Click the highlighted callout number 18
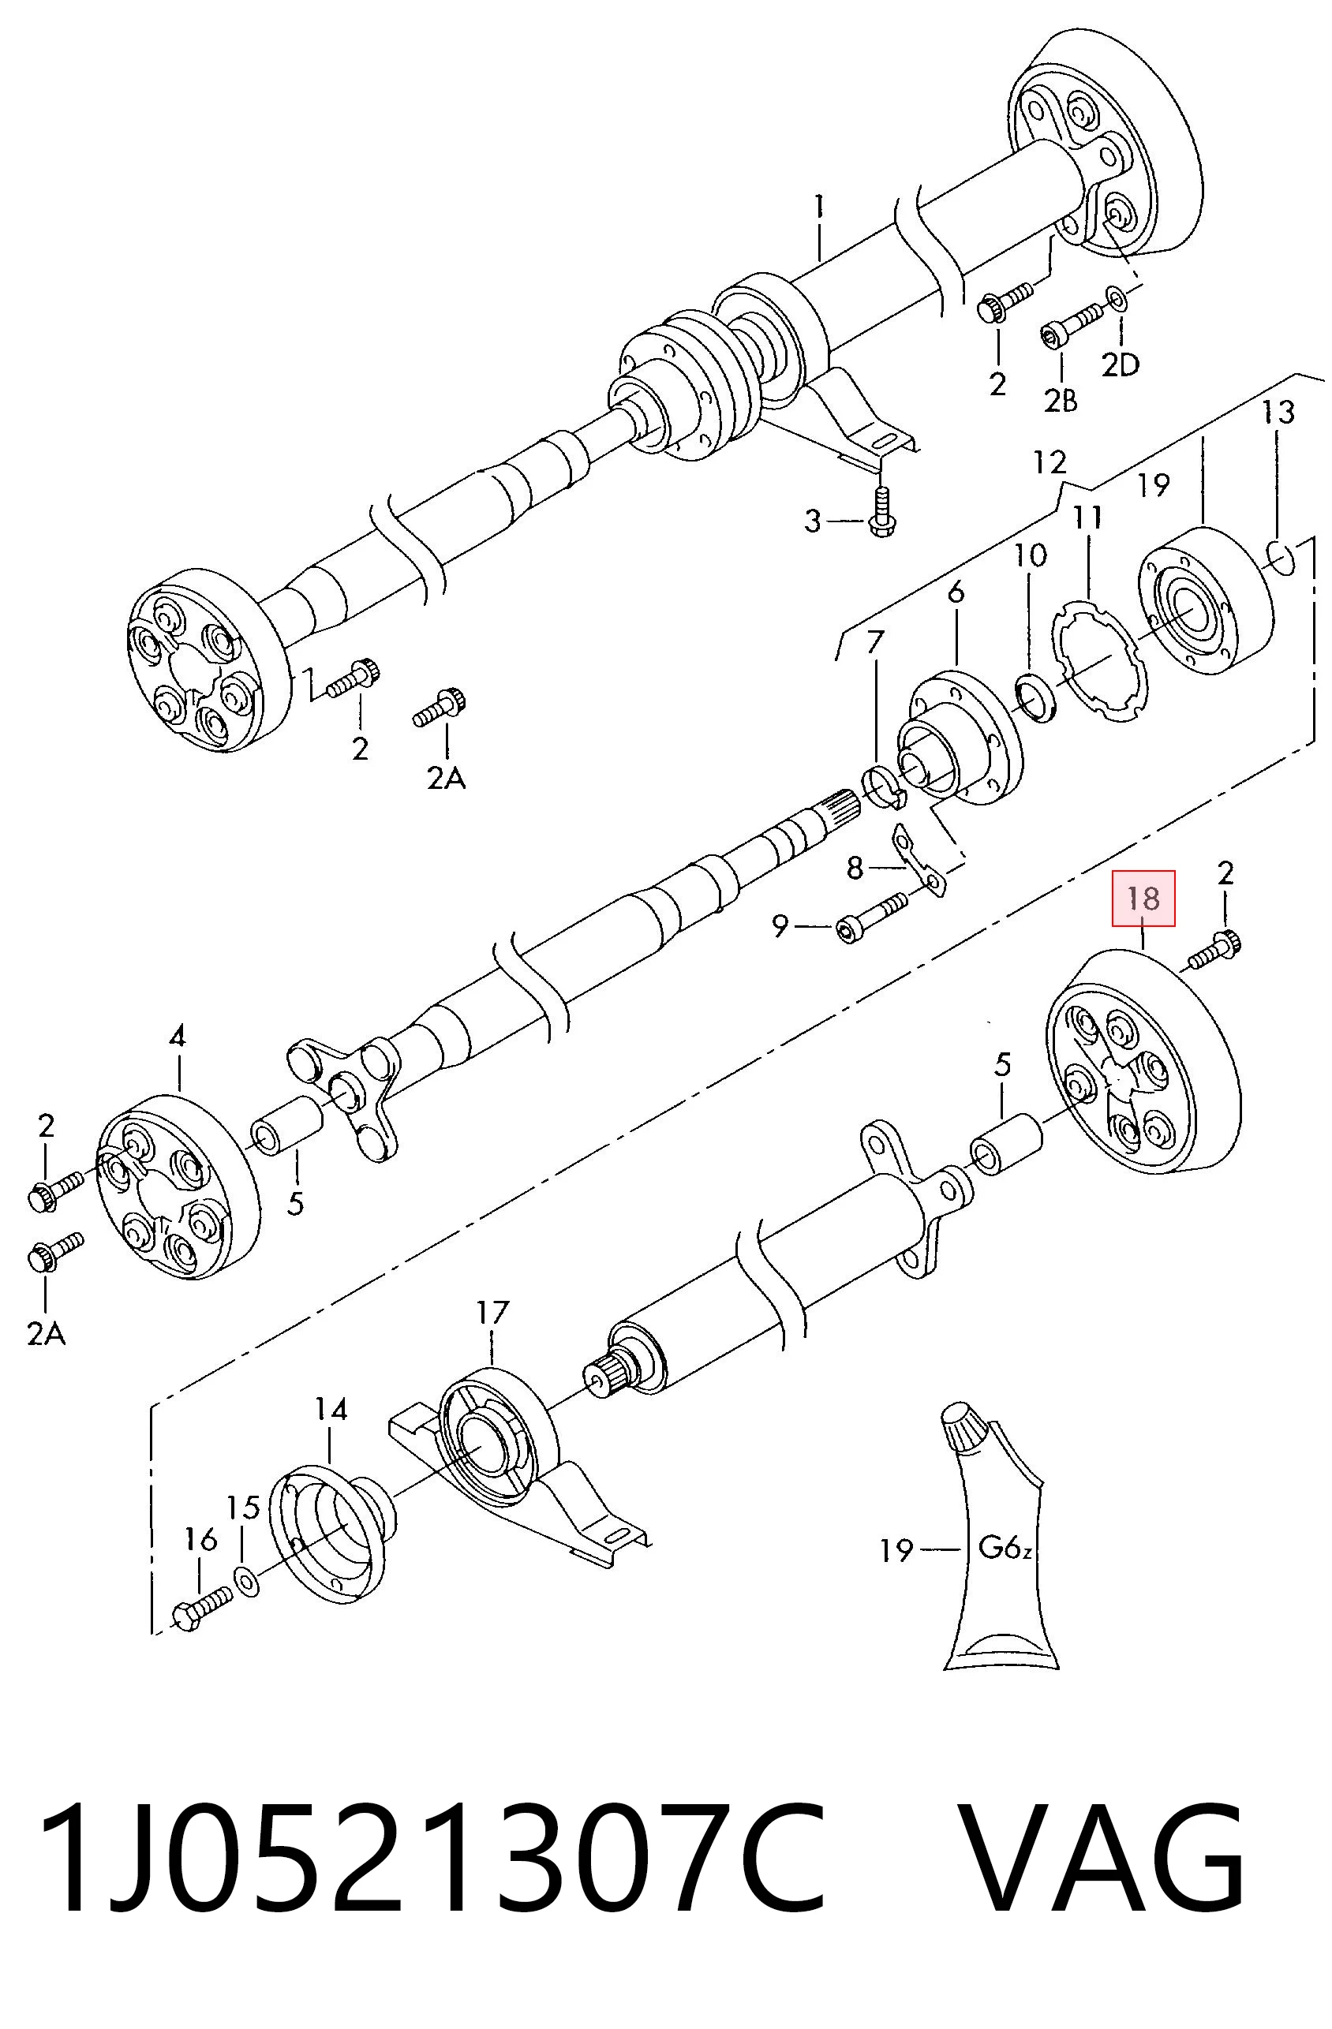[x=1143, y=898]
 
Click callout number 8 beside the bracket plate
[x=855, y=868]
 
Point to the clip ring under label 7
[x=885, y=788]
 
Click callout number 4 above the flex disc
[x=178, y=1037]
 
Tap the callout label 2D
[x=1120, y=365]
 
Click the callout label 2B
[x=1061, y=399]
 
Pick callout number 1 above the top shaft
[x=818, y=207]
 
